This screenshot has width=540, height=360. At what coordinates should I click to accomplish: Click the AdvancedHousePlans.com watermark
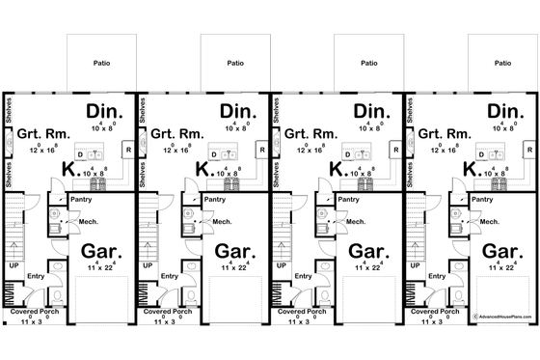500,315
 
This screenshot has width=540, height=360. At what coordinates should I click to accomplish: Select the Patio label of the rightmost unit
502,63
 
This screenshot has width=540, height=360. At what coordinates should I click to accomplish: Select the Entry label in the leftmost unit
36,276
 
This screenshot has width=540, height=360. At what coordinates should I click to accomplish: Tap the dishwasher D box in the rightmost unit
480,154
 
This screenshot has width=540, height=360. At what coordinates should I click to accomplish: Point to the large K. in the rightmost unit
471,170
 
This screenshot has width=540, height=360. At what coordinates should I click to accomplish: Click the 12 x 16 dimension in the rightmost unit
444,151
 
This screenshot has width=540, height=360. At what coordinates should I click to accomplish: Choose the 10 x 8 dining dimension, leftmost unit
104,127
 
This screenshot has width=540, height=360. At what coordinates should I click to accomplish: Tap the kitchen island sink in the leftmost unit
94,154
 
